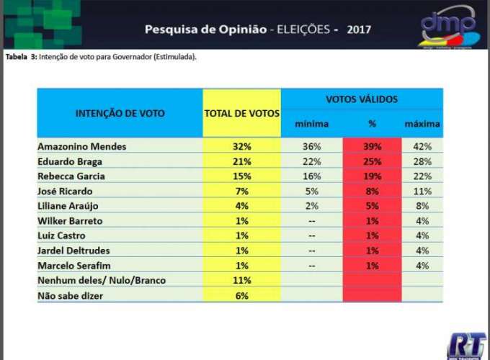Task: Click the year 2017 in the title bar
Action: pos(360,30)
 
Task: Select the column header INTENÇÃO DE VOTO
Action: pos(120,113)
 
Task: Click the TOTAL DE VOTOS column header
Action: pos(241,114)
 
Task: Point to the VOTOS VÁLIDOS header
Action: pos(361,99)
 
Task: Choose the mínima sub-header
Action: pos(311,124)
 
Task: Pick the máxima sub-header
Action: pos(422,124)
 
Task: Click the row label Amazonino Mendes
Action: pos(81,146)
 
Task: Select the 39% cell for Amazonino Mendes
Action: pos(372,146)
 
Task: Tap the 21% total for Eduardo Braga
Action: pos(241,161)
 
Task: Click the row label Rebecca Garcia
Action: pos(71,176)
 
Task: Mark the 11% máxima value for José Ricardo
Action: pos(422,192)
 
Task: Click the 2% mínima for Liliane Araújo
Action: pos(311,206)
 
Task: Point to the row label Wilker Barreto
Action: pos(70,220)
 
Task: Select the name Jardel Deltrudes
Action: pos(74,251)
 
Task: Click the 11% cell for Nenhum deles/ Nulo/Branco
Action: pos(241,280)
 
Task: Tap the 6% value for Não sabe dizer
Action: pos(241,295)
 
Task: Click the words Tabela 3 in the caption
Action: pos(21,56)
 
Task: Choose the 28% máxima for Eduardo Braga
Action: pos(422,161)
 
